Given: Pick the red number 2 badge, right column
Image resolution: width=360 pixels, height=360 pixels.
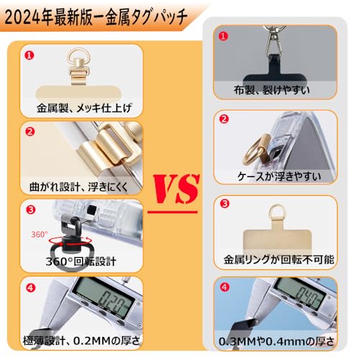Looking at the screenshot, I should click(224, 119).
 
